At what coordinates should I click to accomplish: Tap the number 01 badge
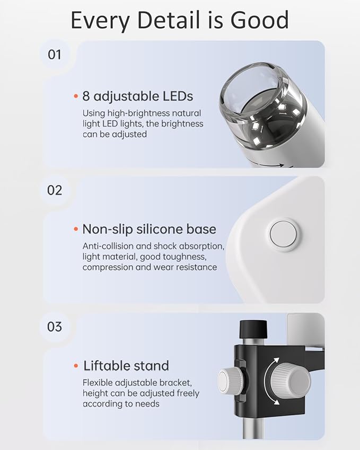[55, 54]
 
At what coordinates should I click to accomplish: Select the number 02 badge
[55, 190]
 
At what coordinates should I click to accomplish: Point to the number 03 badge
[55, 326]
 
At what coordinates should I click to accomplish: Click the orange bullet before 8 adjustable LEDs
[76, 96]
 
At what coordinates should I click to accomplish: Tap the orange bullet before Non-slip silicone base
[76, 230]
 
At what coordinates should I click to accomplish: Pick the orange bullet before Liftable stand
[76, 366]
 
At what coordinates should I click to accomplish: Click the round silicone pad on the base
[283, 234]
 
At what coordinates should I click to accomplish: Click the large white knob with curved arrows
[291, 381]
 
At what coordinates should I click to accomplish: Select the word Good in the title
[259, 20]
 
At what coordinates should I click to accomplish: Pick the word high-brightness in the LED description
[135, 113]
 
